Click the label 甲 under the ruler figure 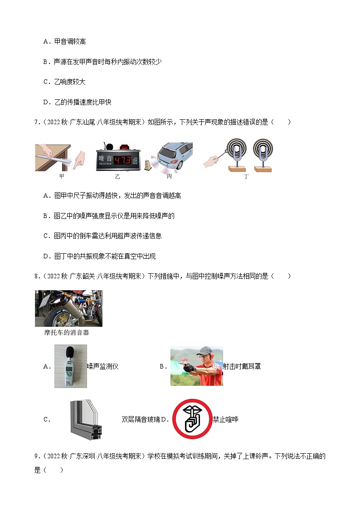pyautogui.click(x=62, y=176)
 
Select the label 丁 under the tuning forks pyautogui.click(x=246, y=177)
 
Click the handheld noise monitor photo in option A pyautogui.click(x=70, y=366)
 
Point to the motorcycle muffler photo pyautogui.click(x=68, y=308)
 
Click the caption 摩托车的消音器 pyautogui.click(x=67, y=333)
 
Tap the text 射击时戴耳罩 pyautogui.click(x=242, y=366)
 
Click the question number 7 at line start pyautogui.click(x=36, y=122)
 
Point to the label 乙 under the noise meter pyautogui.click(x=117, y=176)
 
